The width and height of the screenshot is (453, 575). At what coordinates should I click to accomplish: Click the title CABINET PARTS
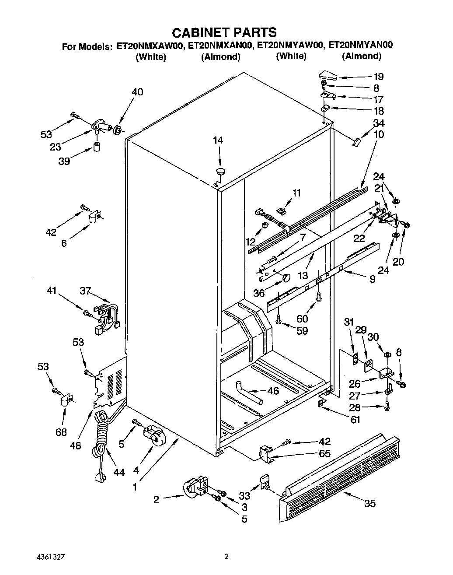(x=224, y=32)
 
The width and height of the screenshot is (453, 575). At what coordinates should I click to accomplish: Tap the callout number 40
(x=137, y=92)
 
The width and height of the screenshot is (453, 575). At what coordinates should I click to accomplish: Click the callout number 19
(x=378, y=77)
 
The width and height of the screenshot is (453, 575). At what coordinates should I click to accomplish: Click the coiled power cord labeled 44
(x=101, y=438)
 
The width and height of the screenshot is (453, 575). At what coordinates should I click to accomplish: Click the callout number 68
(x=61, y=432)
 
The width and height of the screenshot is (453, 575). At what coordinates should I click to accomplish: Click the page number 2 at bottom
(x=226, y=557)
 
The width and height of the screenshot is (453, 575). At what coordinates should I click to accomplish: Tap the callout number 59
(x=302, y=331)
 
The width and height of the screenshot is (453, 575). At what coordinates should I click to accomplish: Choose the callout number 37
(x=86, y=291)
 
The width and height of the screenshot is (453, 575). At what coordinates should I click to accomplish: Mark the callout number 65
(x=324, y=453)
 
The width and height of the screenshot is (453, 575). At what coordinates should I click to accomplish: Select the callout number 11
(x=297, y=193)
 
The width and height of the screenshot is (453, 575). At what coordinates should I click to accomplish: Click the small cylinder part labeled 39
(x=97, y=146)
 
